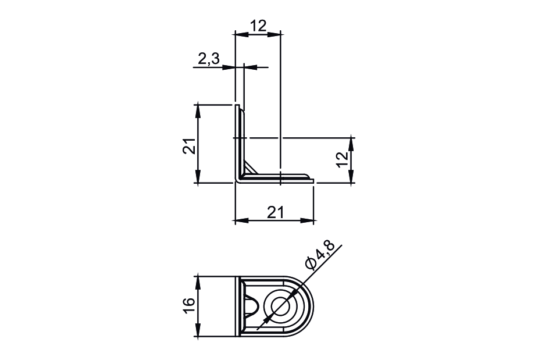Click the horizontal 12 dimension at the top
click(258, 26)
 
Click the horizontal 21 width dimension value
click(275, 212)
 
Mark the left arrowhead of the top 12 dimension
click(238, 34)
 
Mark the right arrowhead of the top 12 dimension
click(276, 34)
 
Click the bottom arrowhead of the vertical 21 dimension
click(198, 179)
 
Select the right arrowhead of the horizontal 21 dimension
click(309, 221)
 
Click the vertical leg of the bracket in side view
click(238, 142)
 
